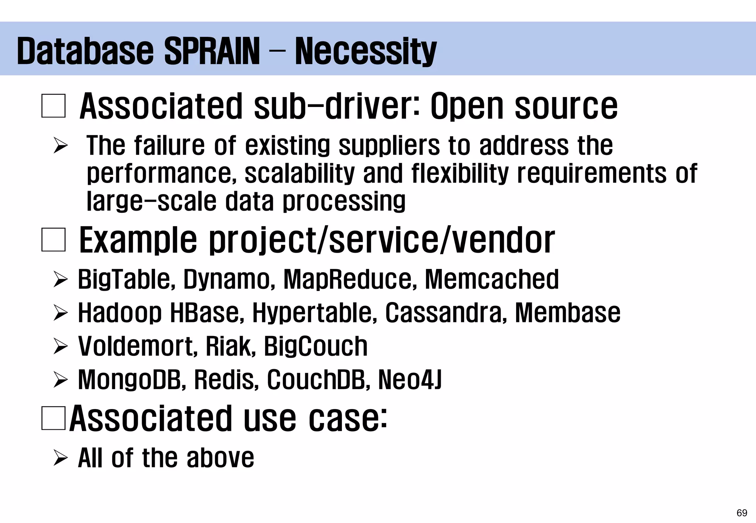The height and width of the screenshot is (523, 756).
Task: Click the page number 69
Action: click(x=742, y=513)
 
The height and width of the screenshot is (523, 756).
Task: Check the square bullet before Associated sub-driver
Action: click(x=54, y=106)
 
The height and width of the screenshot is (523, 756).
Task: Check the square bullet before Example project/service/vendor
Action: click(x=54, y=240)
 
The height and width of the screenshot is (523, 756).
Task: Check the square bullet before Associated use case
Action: click(x=54, y=418)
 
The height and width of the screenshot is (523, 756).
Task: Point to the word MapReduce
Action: click(x=347, y=279)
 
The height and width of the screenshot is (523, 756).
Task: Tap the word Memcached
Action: click(x=492, y=279)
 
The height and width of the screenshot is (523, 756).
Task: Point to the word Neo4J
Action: click(x=410, y=380)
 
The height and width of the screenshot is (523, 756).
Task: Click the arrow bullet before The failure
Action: click(x=60, y=145)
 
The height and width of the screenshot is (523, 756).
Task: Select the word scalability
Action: click(x=299, y=173)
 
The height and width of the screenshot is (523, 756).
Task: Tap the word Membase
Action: click(x=567, y=313)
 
